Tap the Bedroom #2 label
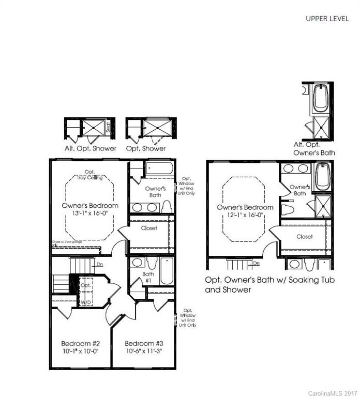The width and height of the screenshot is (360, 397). (77, 343)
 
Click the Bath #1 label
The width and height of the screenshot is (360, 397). (148, 278)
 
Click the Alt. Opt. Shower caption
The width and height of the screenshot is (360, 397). (90, 149)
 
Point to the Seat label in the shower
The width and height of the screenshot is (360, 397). (108, 127)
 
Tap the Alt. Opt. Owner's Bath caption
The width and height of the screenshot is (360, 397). (314, 149)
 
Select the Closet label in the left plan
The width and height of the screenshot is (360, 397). (149, 228)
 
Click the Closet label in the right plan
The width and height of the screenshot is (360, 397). (305, 237)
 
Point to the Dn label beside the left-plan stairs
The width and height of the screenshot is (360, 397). (100, 265)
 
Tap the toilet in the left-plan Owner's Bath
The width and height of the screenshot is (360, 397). (167, 207)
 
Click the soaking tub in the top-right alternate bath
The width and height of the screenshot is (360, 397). (320, 97)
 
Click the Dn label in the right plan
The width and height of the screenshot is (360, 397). (256, 263)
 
